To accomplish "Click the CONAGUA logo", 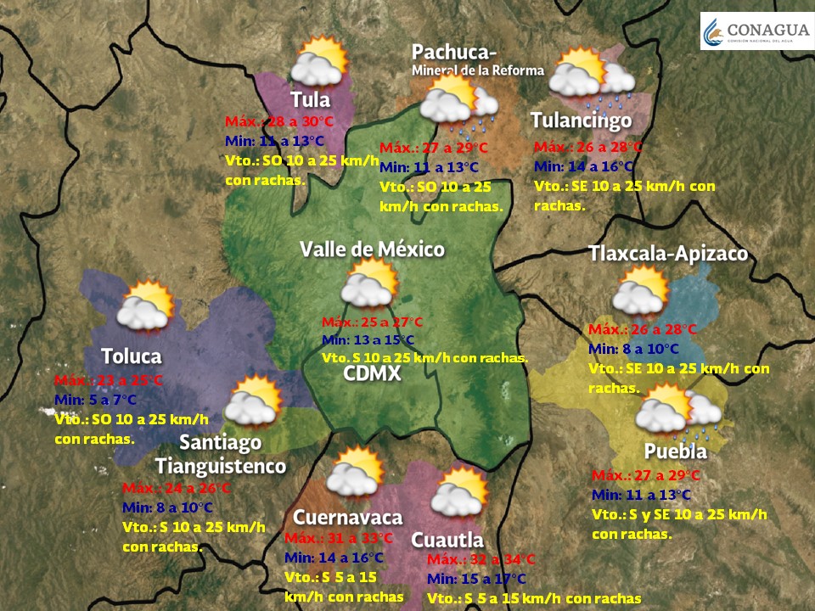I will coord(754,32).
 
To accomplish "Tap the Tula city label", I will coord(310,99).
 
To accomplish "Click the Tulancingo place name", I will coord(581,121).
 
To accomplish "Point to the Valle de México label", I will coord(372,249).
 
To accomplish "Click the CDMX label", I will coord(372,373).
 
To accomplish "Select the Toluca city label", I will coord(131,356).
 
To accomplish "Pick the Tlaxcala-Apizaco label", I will coord(668,254).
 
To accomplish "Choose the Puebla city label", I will coord(675,451).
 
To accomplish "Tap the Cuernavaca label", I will coord(347,517).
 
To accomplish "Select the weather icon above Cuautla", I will coord(459,492).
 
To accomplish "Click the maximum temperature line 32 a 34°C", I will coord(481,560).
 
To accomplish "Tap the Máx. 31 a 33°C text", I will coord(339,539).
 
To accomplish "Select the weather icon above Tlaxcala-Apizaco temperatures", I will coord(641,291).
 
